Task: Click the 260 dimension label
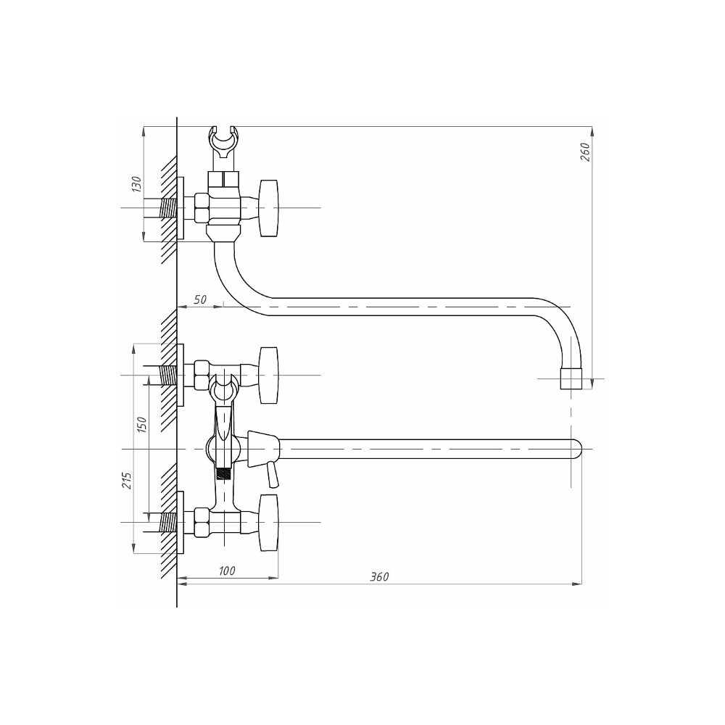pos(585,152)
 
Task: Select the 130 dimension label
pos(136,183)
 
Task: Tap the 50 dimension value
pos(200,299)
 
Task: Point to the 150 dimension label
pos(141,424)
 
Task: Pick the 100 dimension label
pos(226,571)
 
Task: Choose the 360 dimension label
pos(379,576)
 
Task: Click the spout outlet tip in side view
pos(571,378)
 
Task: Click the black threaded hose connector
pos(224,474)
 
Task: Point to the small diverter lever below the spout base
pos(273,476)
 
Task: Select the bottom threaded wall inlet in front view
pos(168,523)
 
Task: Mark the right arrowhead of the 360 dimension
pos(578,584)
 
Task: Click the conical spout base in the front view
pos(264,449)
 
